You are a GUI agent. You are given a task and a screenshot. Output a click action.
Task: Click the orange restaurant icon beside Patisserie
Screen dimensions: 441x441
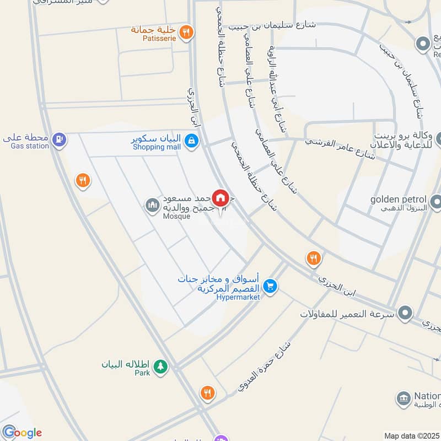[187, 32]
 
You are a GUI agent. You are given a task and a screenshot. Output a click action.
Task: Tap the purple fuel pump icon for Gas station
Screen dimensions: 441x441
[60, 140]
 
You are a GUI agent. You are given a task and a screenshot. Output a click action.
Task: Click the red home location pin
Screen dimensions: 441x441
[220, 197]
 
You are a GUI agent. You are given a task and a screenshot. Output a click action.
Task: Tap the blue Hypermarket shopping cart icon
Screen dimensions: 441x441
[270, 286]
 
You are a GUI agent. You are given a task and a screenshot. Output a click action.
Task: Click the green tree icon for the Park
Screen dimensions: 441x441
[160, 365]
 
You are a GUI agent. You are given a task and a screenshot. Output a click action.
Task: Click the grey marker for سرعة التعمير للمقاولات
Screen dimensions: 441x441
[406, 313]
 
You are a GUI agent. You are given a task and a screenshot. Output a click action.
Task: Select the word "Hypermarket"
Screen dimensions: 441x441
[238, 297]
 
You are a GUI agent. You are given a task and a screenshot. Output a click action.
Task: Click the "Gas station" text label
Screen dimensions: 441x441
[30, 146]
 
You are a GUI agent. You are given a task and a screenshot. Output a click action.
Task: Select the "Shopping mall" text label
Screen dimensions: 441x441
[157, 147]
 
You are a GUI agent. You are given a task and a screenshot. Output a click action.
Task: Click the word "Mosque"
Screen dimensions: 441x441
[176, 216]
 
